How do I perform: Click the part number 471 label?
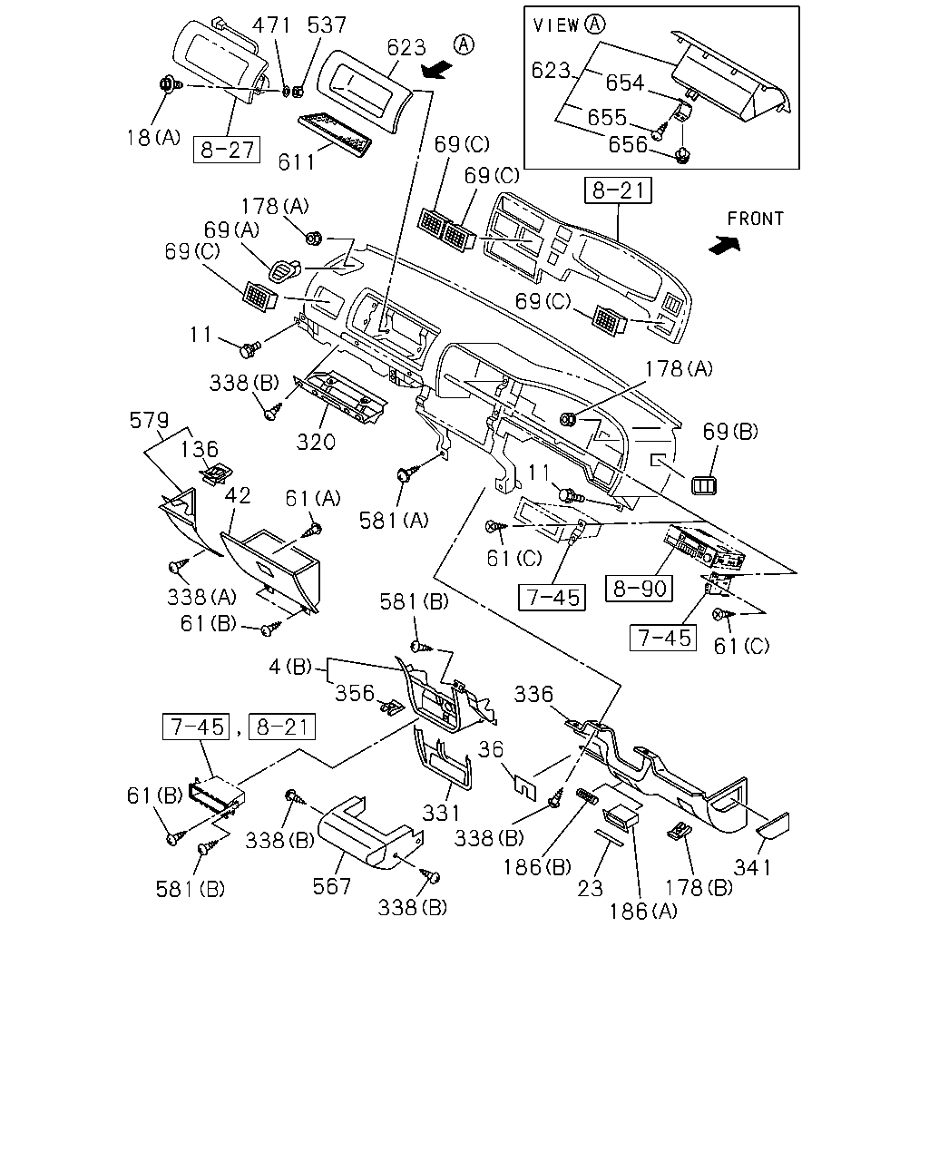coord(272,25)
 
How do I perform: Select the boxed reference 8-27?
coord(227,150)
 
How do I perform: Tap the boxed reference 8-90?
coord(640,588)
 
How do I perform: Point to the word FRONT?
coord(755,219)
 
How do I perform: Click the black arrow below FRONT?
coord(724,245)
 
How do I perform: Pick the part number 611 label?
coord(297,161)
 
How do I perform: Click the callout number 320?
coord(316,443)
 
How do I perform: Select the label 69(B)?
coord(730,432)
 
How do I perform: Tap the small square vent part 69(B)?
coord(704,485)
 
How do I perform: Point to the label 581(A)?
coord(394,521)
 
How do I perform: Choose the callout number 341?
coord(752,867)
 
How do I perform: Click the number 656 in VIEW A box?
coord(628,144)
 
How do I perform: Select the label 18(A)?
coord(153,138)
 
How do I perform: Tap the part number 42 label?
coord(238,495)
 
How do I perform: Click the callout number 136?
coord(199,449)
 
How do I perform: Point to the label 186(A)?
coord(643,912)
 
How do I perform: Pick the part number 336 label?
coord(533,695)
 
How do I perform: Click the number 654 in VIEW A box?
coord(624,83)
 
